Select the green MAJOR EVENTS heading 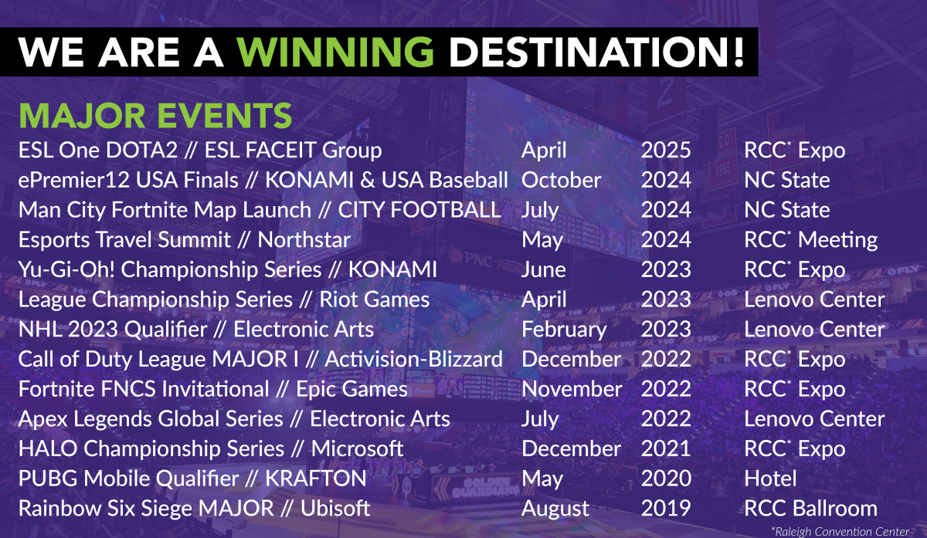point(155,115)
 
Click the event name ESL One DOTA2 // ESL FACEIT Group point(200,150)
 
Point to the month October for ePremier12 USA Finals point(561,180)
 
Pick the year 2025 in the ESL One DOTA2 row point(665,150)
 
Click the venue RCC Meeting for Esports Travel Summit point(810,240)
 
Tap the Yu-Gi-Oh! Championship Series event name point(228,269)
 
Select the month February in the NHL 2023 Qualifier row point(564,330)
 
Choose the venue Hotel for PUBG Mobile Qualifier point(770,479)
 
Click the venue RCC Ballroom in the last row point(810,509)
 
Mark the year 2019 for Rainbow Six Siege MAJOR point(665,509)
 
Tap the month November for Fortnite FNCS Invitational point(571,389)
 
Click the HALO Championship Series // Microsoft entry point(211,448)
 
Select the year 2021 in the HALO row point(665,448)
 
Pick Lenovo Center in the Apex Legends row point(814,419)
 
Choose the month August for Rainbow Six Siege point(555,509)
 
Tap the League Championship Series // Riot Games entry point(224,299)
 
